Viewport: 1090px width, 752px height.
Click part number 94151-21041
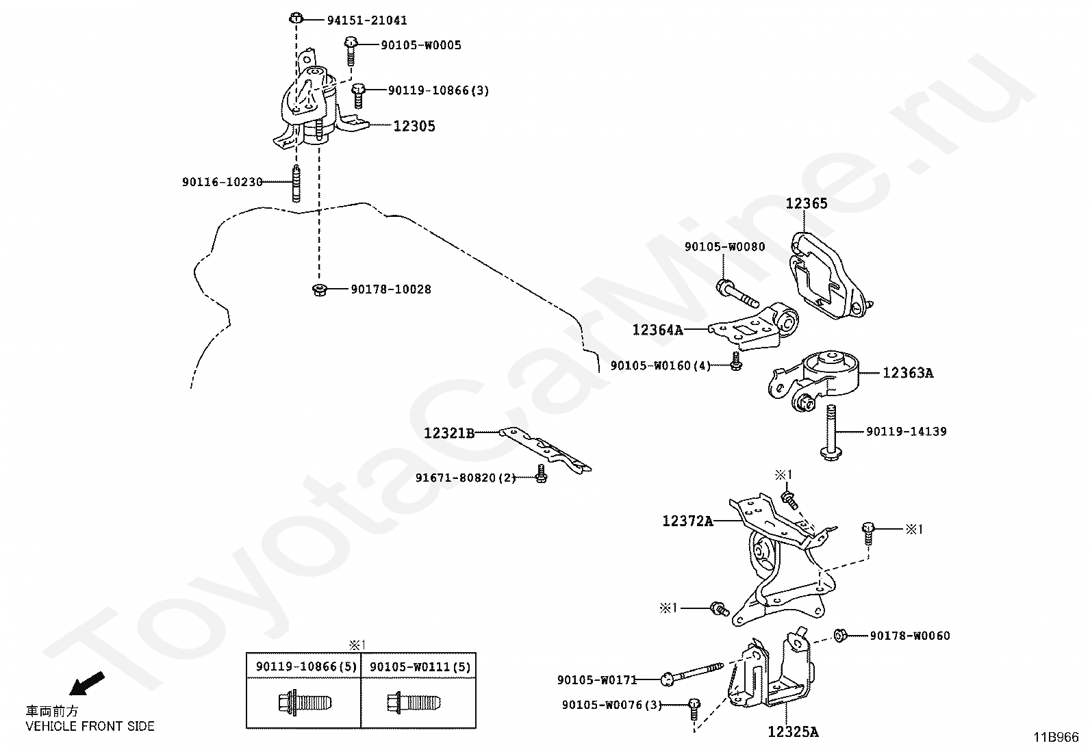(x=366, y=21)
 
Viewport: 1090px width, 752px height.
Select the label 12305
(x=414, y=126)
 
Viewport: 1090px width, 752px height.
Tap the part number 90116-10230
(x=223, y=182)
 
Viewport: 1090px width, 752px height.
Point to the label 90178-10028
(x=391, y=289)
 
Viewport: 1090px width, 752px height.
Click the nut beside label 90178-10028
(x=318, y=289)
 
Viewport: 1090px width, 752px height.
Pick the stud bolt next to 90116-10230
(x=296, y=183)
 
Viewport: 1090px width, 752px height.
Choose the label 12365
(x=806, y=203)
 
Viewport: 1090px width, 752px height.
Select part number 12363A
(x=907, y=373)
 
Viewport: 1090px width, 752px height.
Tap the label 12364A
(x=657, y=330)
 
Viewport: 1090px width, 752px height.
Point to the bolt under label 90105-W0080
(x=735, y=293)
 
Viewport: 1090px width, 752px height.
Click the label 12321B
(x=449, y=433)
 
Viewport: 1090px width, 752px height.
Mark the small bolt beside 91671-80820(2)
(x=541, y=474)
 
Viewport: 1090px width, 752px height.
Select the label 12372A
(x=687, y=521)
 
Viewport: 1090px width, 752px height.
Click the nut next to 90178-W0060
(x=841, y=636)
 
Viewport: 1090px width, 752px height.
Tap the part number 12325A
(x=793, y=732)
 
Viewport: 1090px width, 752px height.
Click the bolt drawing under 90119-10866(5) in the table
(x=305, y=703)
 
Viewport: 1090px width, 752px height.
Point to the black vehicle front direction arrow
(x=88, y=684)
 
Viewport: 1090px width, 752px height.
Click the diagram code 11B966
(x=1056, y=737)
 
